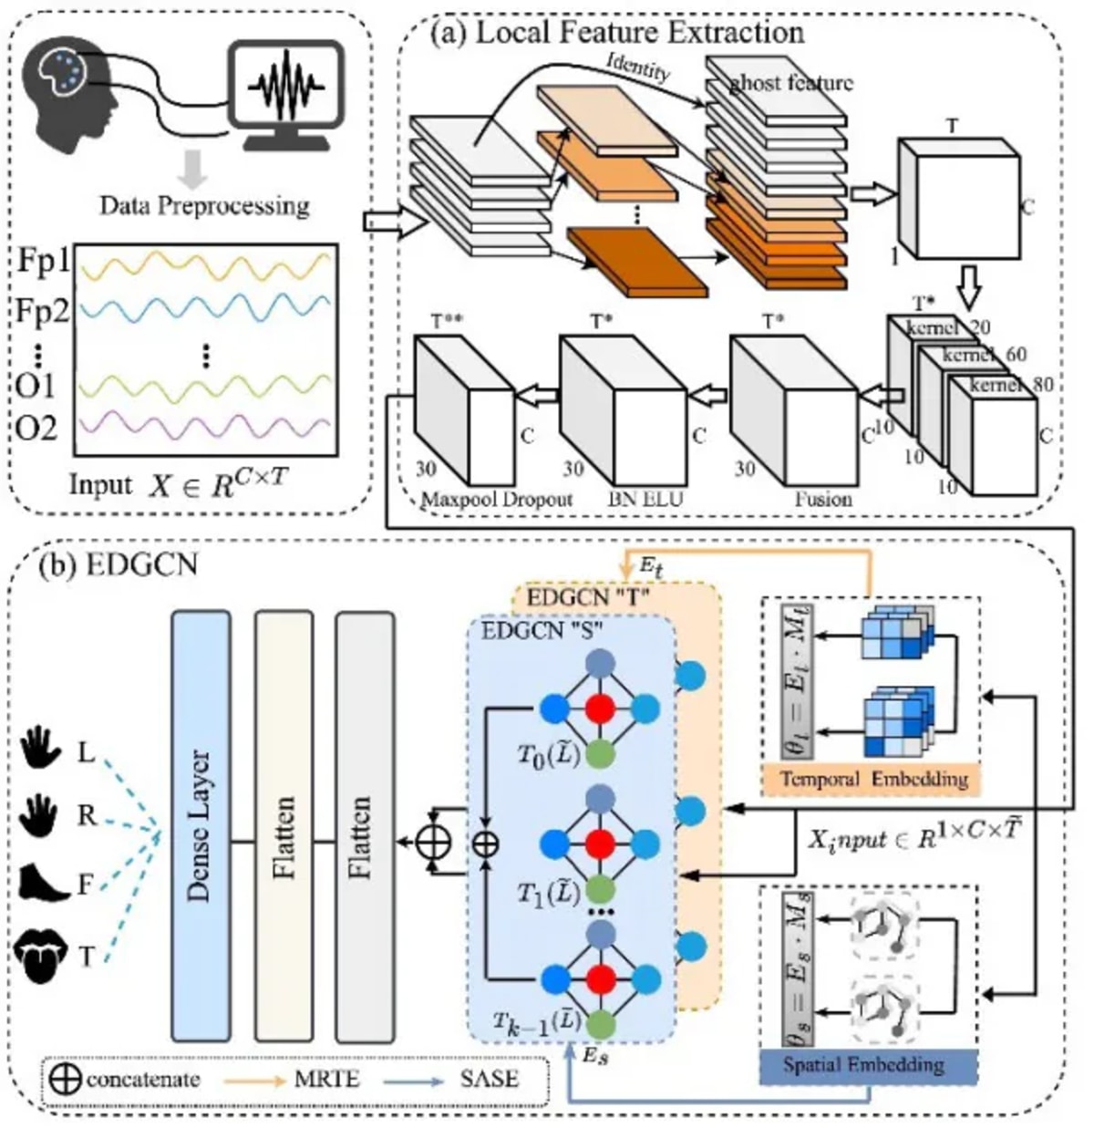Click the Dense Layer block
click(201, 826)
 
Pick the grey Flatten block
click(365, 826)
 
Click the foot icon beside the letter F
click(43, 883)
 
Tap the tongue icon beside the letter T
click(43, 956)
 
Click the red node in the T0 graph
click(598, 708)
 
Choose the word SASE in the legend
click(490, 1081)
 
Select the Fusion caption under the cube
click(823, 500)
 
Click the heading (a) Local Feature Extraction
click(617, 33)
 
